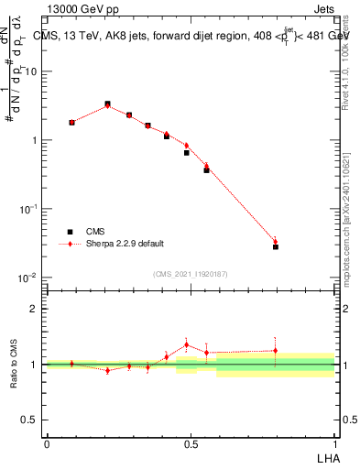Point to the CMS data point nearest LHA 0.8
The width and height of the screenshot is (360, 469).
point(275,246)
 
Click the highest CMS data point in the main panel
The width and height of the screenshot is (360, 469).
point(107,104)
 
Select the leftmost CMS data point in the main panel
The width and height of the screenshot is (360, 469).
point(72,122)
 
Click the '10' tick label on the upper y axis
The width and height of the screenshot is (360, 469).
point(32,71)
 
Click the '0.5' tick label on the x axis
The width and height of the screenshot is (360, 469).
point(191,444)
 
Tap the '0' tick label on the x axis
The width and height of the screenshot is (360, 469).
point(46,444)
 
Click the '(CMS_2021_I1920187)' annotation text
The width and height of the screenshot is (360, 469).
point(191,273)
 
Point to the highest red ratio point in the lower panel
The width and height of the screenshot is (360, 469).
point(187,345)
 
